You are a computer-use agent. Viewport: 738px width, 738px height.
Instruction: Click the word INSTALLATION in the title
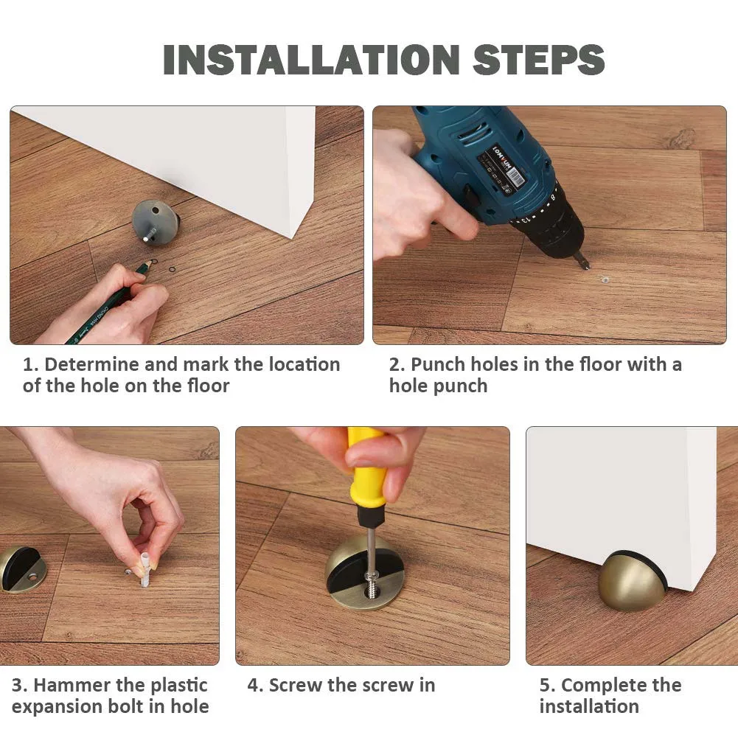(311, 59)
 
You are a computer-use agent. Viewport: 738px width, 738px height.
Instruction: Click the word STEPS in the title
(538, 59)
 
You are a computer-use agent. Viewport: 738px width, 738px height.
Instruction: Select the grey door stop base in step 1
(156, 220)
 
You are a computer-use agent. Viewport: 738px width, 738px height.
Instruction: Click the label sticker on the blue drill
(501, 168)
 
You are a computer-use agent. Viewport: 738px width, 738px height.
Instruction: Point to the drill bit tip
(586, 268)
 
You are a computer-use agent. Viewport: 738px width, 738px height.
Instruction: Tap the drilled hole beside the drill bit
(603, 280)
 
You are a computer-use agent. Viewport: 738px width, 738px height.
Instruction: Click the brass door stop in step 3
(20, 569)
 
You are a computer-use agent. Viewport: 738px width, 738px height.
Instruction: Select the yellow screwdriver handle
(366, 466)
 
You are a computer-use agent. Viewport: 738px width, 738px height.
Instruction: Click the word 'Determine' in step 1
(91, 364)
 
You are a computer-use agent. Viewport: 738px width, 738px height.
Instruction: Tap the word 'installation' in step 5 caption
(589, 706)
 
